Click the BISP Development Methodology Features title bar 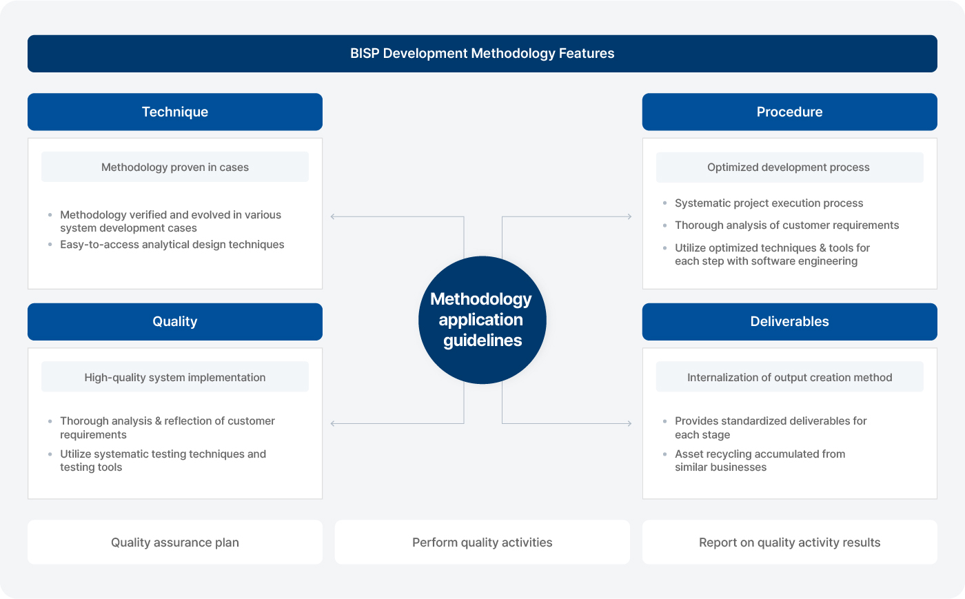click(x=482, y=54)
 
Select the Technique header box click(x=175, y=112)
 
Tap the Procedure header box click(x=789, y=112)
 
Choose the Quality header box click(x=175, y=322)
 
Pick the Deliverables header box click(x=789, y=322)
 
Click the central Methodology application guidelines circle click(x=482, y=320)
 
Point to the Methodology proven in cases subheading click(x=175, y=167)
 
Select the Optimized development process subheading click(x=789, y=167)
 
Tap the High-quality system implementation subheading click(x=175, y=378)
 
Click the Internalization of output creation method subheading click(x=789, y=378)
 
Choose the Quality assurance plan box click(x=175, y=542)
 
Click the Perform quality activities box click(x=482, y=542)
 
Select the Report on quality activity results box click(x=789, y=542)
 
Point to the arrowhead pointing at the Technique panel click(x=334, y=216)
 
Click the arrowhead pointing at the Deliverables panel click(x=629, y=423)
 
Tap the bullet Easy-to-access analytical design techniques click(x=172, y=245)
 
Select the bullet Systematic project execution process click(x=769, y=203)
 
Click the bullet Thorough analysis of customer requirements click(x=786, y=225)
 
